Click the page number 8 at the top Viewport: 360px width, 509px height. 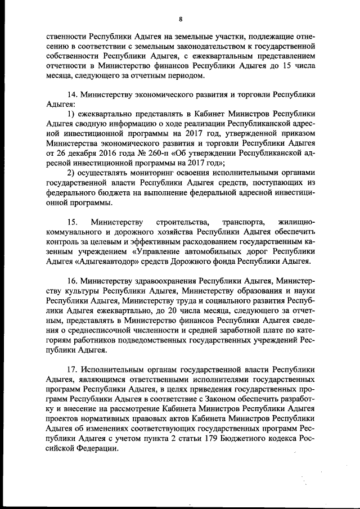click(x=180, y=19)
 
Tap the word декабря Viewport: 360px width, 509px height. click(x=84, y=152)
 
